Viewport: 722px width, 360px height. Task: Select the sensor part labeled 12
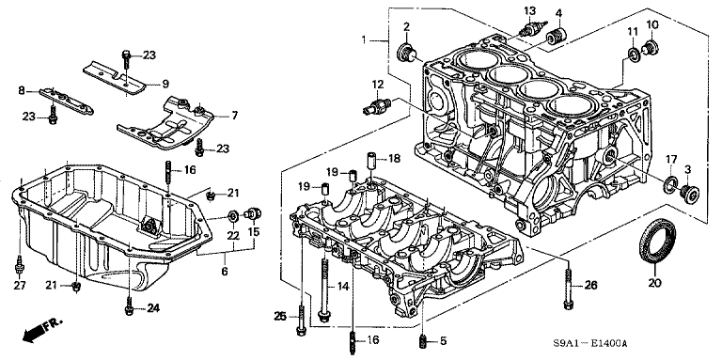376,105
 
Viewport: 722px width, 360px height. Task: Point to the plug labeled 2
406,52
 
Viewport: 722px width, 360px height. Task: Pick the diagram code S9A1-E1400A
590,344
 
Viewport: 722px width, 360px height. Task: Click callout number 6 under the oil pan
225,272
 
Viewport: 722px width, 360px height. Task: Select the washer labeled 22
233,215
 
